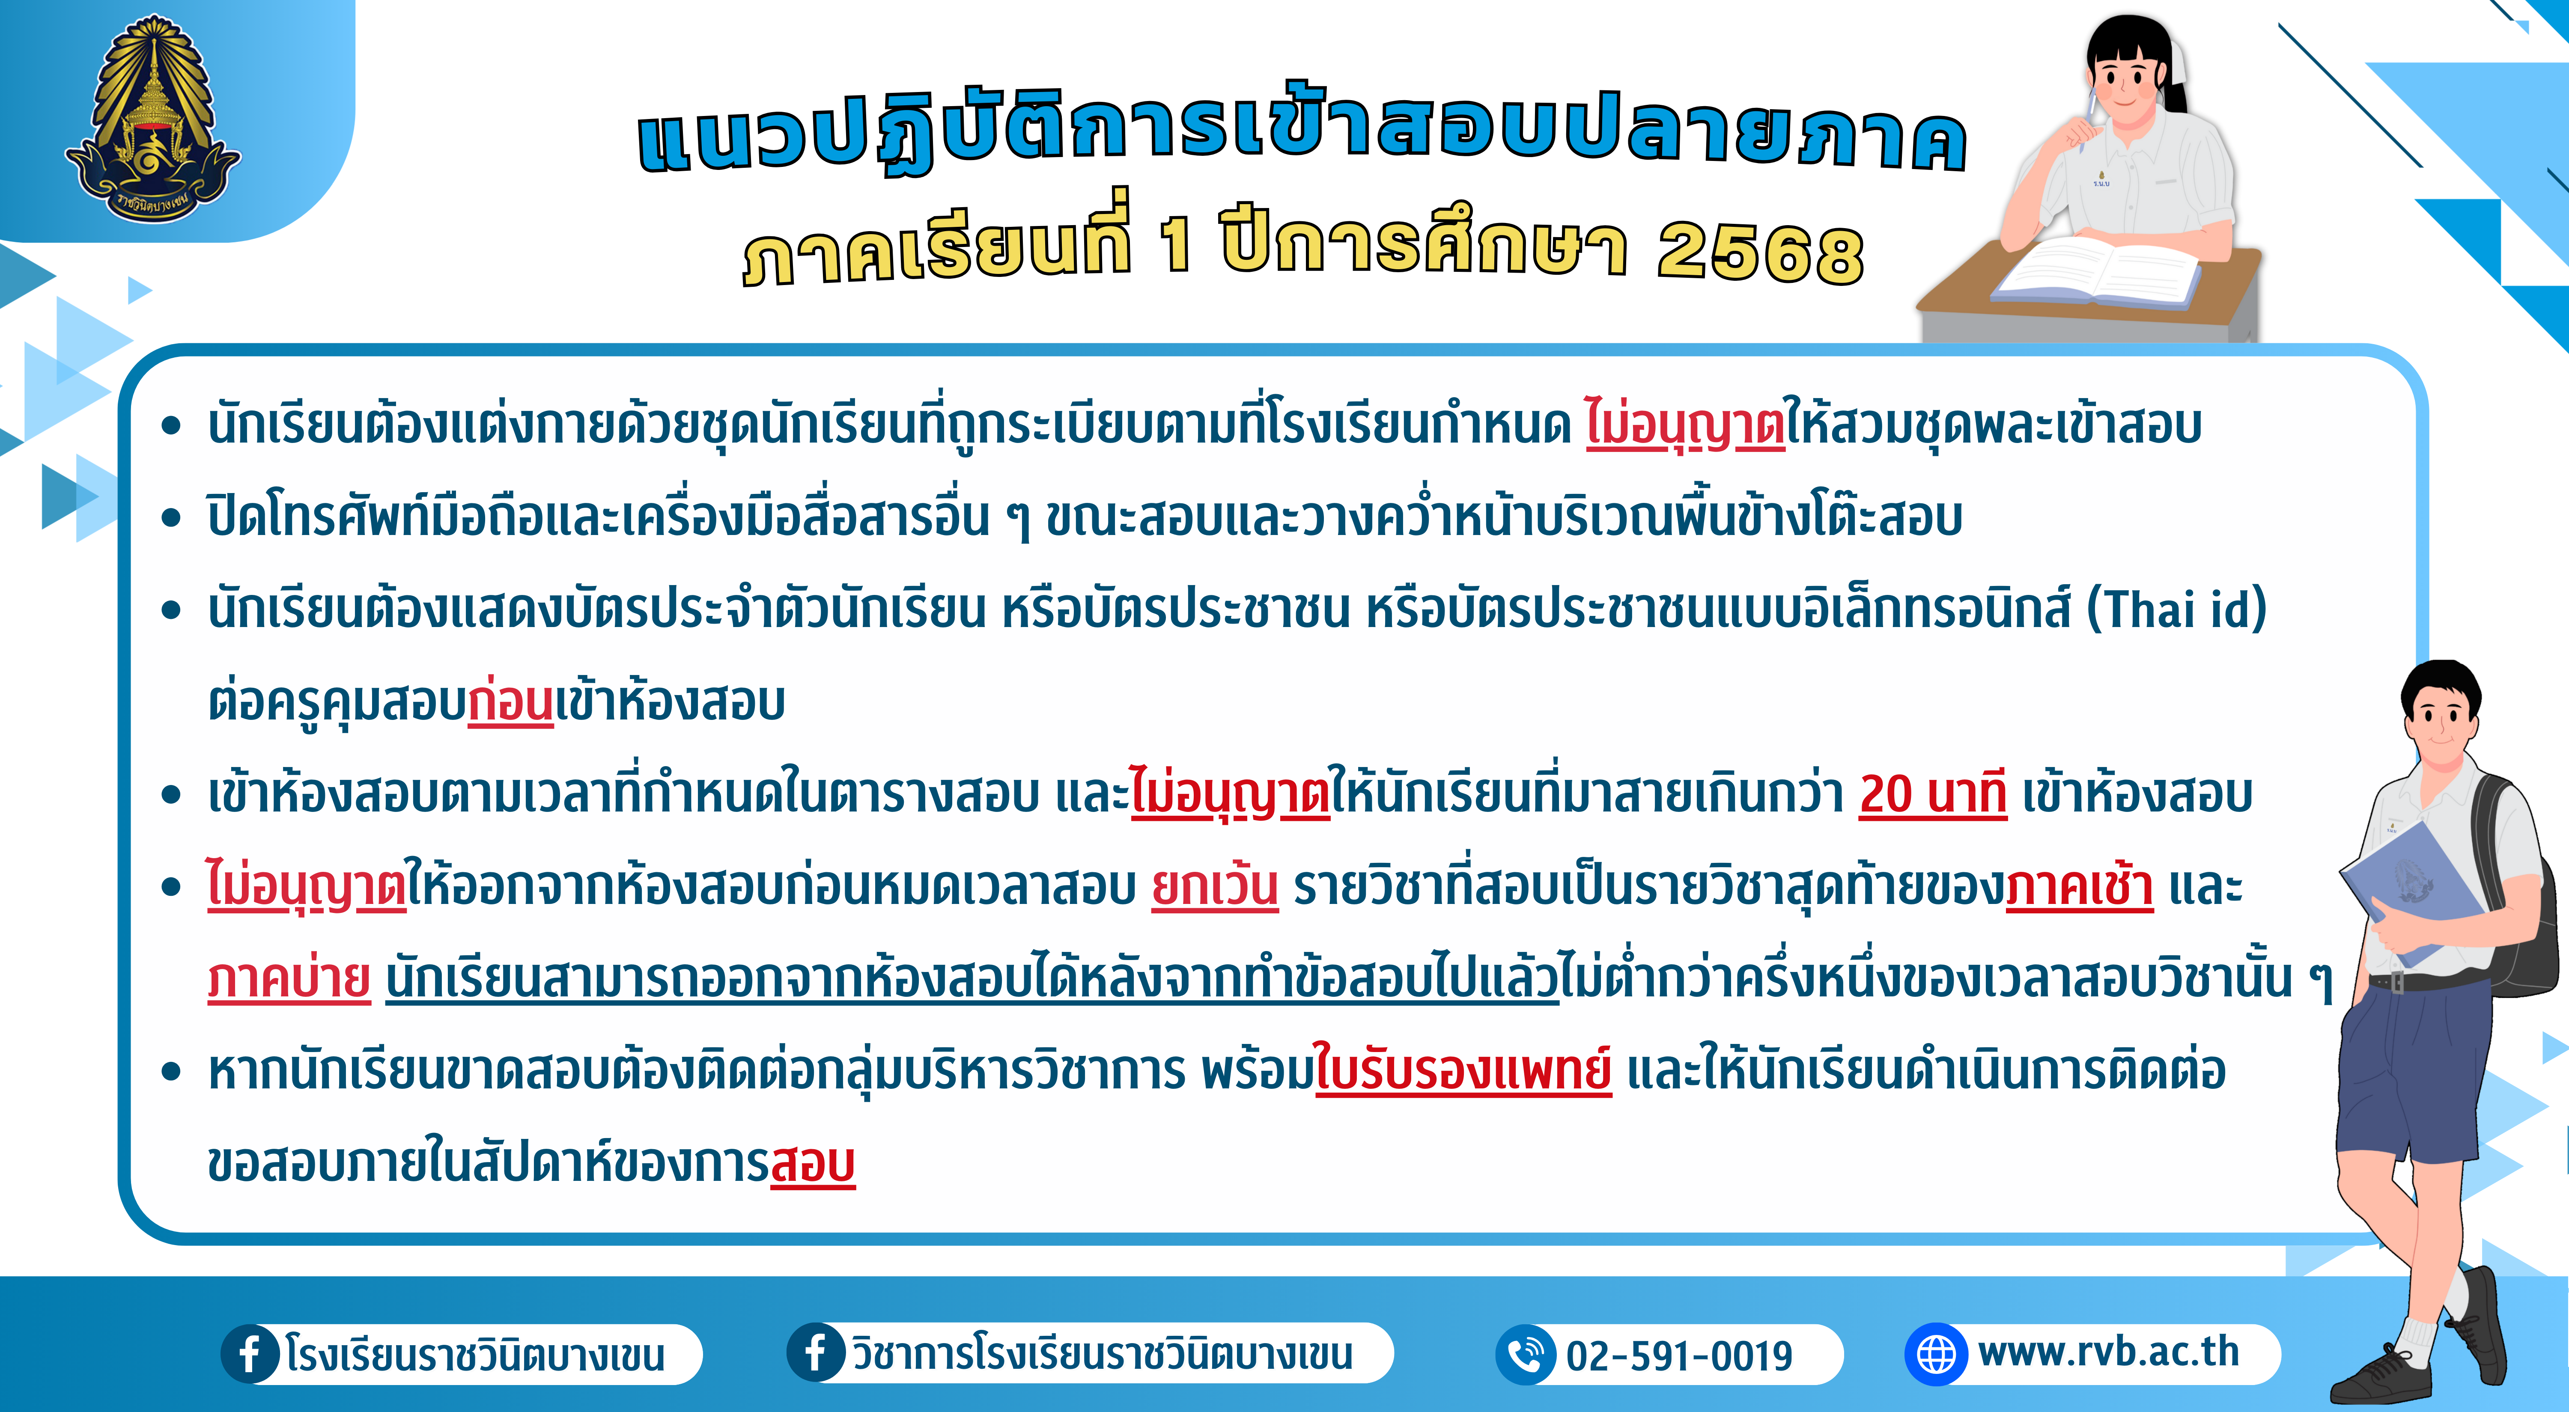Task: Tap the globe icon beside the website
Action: (x=1936, y=1354)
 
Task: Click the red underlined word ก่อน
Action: (x=511, y=701)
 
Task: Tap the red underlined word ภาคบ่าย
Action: (x=289, y=977)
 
